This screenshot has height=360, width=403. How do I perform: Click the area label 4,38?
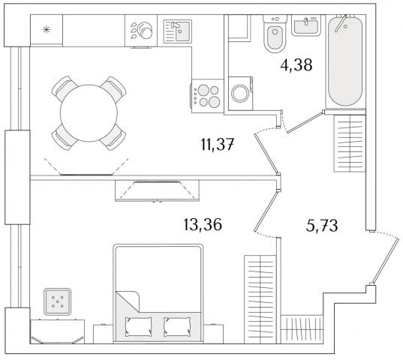coord(296,65)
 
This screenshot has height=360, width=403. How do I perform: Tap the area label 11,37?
coord(218,145)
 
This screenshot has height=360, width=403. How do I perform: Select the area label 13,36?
coord(203,225)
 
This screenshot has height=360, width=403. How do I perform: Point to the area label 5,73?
coord(322,226)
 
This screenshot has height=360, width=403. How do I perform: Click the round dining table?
coord(89,113)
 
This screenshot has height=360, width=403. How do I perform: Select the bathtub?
coord(345,61)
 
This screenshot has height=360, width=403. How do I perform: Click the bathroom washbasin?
coord(306,25)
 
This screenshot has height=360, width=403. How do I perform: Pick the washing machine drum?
coord(240,94)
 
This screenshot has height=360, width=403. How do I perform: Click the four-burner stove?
coord(207,96)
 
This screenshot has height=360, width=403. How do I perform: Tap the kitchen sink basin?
coord(182,31)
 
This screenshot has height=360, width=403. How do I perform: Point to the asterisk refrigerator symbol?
coord(47,30)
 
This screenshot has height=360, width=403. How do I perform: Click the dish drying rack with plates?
coord(141,30)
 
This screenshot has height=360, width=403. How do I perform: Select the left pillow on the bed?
coord(138,326)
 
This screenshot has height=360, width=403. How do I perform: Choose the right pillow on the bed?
coord(177,326)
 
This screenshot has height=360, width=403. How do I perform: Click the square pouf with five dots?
coord(57,301)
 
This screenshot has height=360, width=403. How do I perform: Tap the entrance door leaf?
coord(386,261)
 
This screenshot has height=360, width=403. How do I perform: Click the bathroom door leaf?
coord(305,122)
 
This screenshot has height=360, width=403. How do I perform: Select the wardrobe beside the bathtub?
coord(350,143)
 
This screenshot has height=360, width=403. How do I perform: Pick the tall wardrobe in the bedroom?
coord(260,299)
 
